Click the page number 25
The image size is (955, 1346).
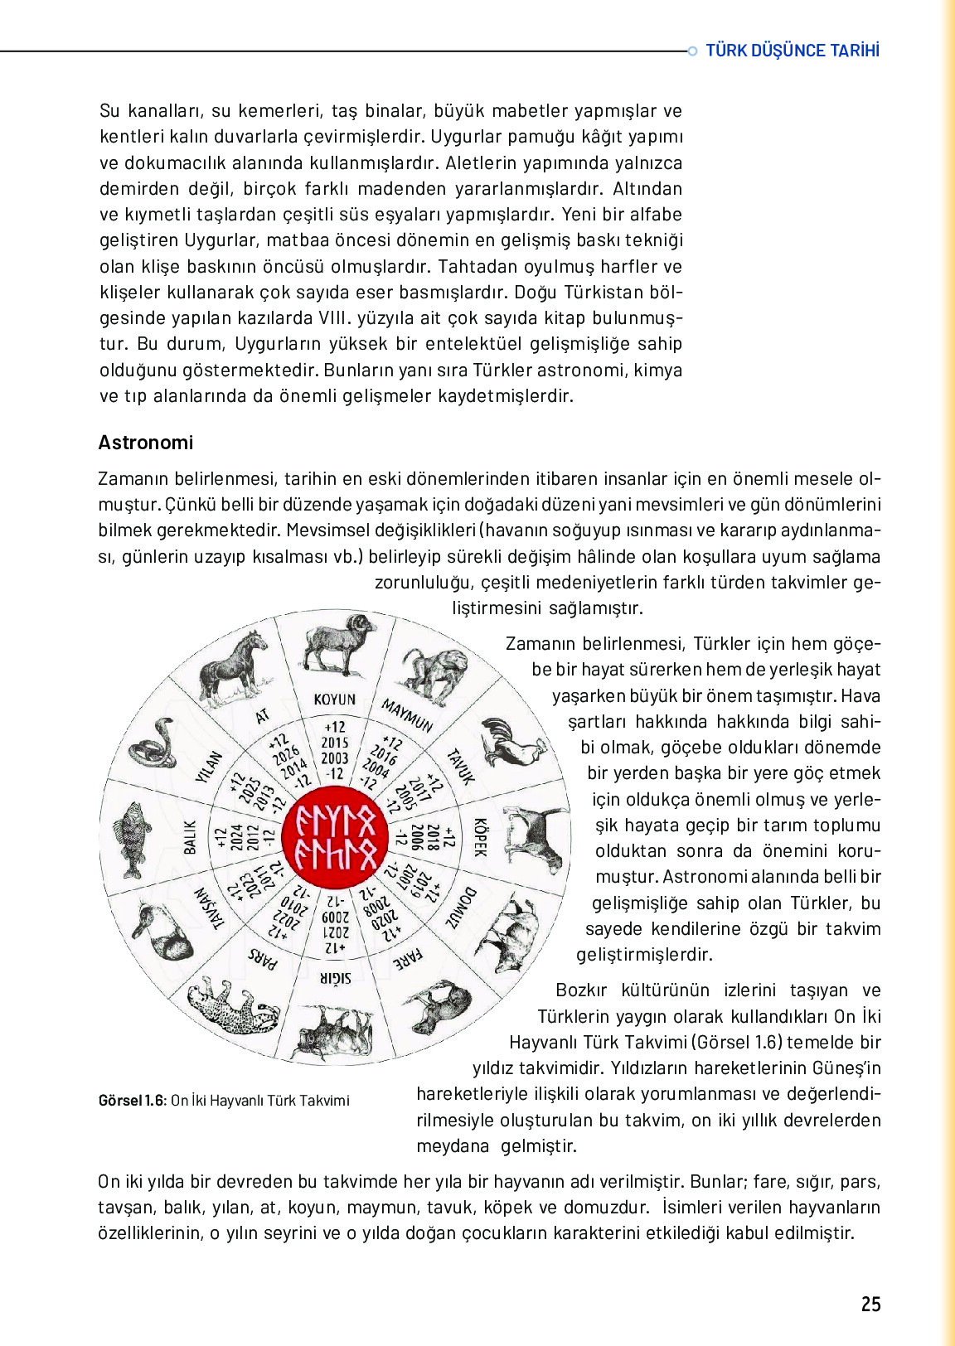click(870, 1304)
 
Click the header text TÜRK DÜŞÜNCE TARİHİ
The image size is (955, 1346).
click(793, 51)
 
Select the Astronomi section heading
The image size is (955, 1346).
click(146, 443)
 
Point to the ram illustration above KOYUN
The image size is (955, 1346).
click(335, 644)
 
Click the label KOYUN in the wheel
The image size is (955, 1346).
click(334, 700)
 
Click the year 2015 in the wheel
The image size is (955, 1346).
click(335, 743)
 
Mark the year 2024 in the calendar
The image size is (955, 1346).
click(236, 837)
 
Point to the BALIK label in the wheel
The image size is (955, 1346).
click(190, 837)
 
